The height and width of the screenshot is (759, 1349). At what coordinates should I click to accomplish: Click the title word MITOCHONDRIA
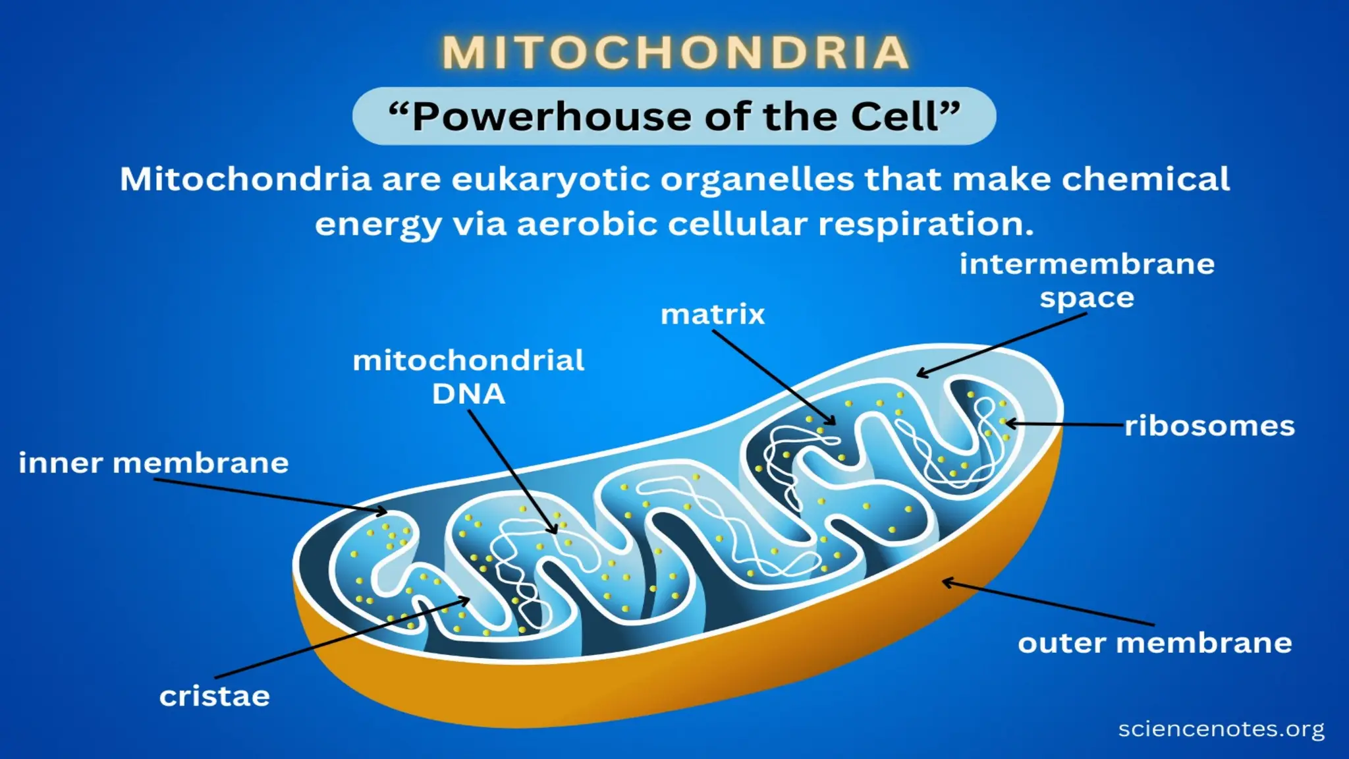coord(674,53)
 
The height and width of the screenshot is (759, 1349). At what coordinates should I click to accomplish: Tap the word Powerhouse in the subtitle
coord(552,117)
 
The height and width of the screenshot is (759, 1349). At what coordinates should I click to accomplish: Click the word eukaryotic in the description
coord(551,180)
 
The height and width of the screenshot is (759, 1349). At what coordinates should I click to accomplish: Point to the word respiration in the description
coord(925,225)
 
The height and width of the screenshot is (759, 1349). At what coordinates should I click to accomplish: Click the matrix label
coord(713,314)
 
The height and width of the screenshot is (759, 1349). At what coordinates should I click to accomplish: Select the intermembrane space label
coord(1087,281)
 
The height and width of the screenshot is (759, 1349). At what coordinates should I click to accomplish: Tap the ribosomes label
coord(1209,426)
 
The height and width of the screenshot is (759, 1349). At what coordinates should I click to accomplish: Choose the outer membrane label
coord(1155,643)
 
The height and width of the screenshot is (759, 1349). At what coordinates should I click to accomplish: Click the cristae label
coord(215,696)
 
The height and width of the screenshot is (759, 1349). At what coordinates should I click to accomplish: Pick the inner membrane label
coord(153,463)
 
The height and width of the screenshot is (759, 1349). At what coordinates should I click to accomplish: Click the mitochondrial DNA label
coord(468,377)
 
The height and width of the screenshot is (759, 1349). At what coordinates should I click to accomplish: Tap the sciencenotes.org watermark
coord(1221,729)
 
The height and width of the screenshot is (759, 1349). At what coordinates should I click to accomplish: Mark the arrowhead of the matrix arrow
coord(833,422)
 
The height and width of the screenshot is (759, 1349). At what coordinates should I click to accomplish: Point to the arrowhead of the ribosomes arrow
coord(1008,424)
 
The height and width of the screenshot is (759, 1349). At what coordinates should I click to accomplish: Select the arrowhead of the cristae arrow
coord(467,600)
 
